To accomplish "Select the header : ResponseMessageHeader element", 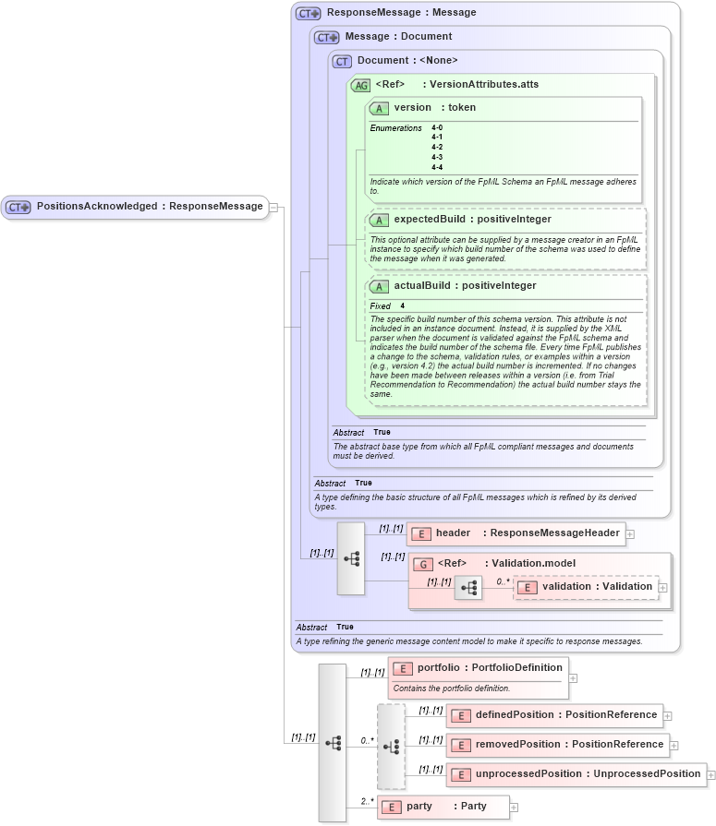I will [516, 533].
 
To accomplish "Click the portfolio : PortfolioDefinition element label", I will [477, 667].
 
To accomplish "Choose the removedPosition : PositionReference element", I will [557, 745].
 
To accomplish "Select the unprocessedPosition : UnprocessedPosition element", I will [576, 774].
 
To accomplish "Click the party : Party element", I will [443, 807].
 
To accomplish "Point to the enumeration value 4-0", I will [437, 128].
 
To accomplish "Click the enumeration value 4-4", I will [437, 167].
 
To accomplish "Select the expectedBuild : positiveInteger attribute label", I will [472, 220].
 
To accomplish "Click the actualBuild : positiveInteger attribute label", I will [465, 286].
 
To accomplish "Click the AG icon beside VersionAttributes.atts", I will [360, 85].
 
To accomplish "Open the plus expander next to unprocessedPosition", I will [711, 775].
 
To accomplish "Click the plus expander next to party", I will [514, 808].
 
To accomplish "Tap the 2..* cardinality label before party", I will [366, 801].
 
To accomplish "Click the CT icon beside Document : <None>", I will [342, 61].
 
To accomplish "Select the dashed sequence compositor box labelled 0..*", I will [391, 746].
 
